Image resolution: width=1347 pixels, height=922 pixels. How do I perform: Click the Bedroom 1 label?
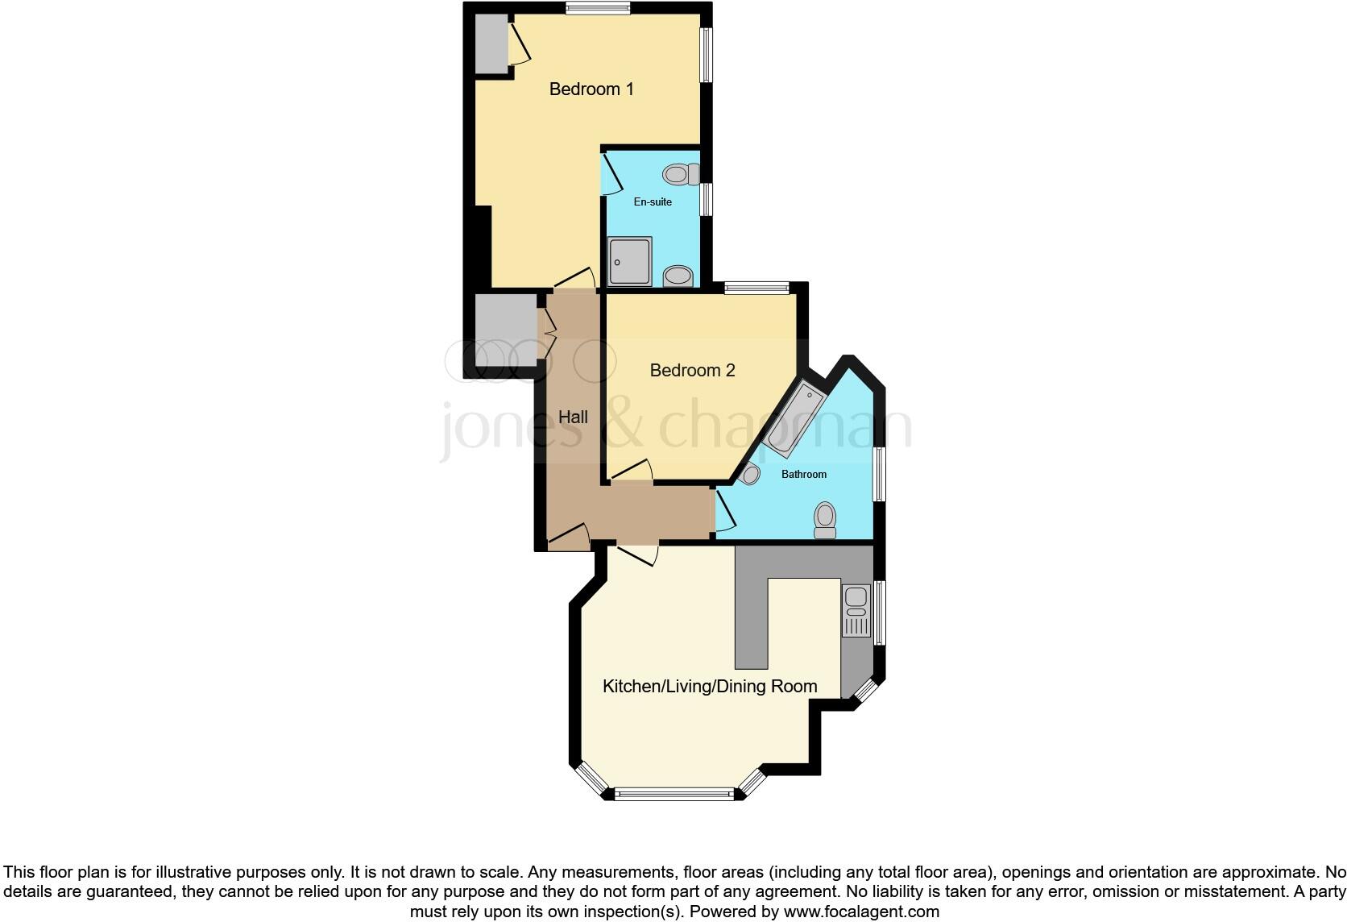pos(591,89)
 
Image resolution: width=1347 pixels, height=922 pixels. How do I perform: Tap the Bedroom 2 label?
pos(692,370)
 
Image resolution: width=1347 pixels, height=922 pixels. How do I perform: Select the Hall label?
pos(573,417)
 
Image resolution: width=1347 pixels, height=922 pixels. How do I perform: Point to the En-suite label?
pos(653,201)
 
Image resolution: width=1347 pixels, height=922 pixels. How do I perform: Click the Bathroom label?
pos(804,474)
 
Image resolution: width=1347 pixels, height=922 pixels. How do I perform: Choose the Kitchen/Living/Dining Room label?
pos(710,686)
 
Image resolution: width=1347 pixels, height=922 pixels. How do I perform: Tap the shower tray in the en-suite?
pos(630,261)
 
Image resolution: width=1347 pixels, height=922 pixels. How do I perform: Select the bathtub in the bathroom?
pos(794,419)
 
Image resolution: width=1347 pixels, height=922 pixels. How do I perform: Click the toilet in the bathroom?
pos(825,519)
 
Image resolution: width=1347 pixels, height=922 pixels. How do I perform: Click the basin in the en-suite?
pos(678,276)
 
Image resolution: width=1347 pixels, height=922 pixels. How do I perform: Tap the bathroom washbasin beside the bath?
pos(749,474)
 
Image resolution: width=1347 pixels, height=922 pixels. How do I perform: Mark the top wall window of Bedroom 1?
pos(597,9)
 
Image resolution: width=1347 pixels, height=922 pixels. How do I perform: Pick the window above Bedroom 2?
pos(756,288)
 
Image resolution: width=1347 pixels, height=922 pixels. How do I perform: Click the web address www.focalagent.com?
pos(861,912)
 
